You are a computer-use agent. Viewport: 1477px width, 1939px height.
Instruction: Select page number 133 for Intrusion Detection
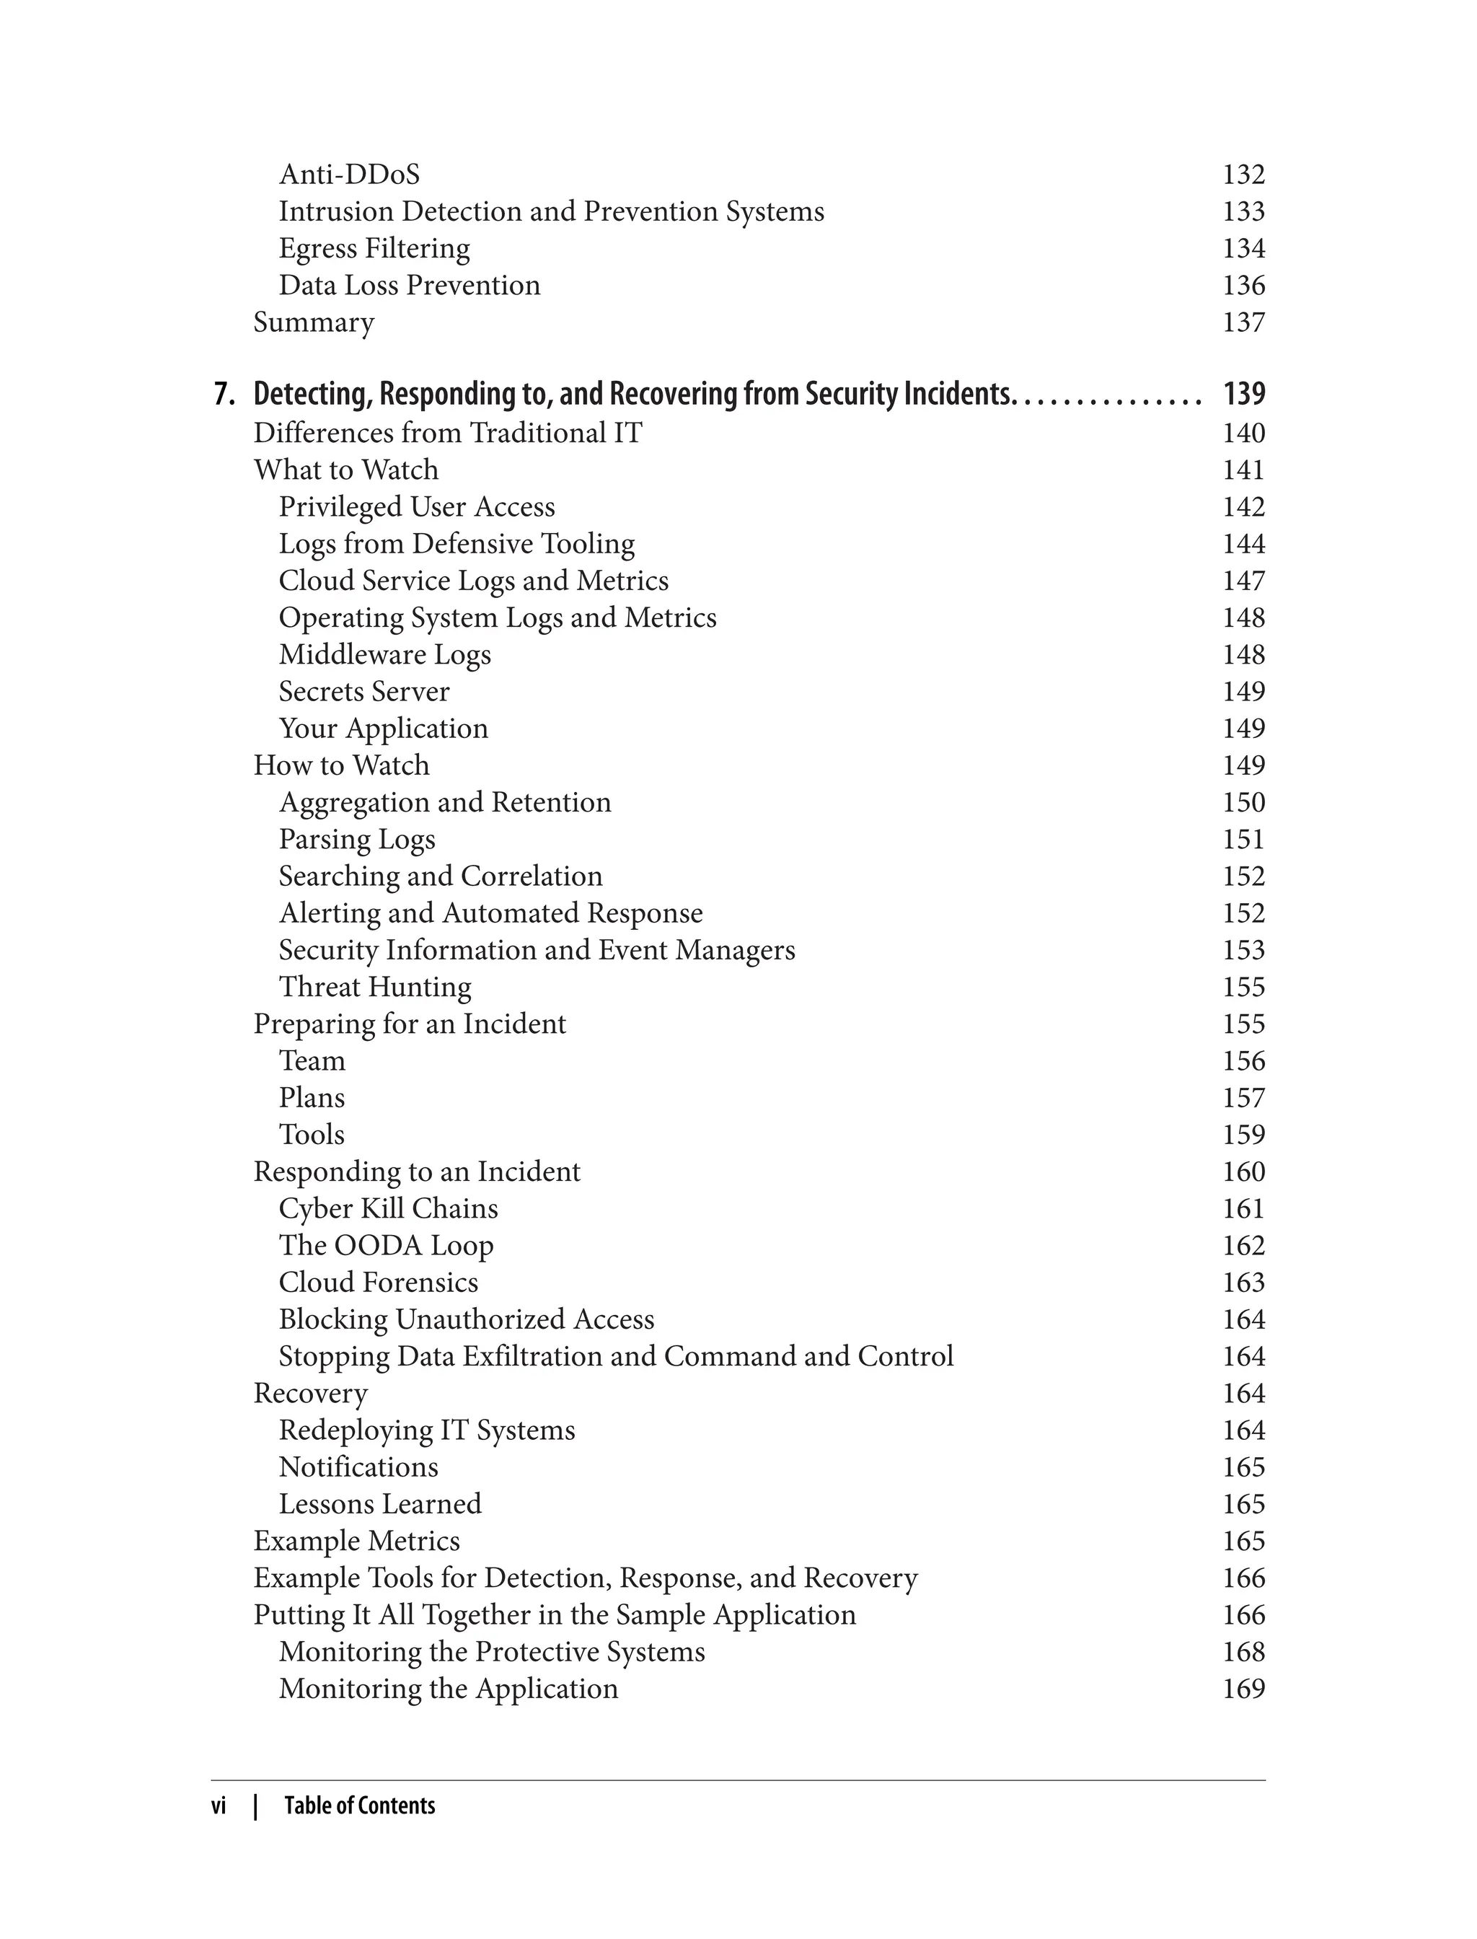click(x=1243, y=211)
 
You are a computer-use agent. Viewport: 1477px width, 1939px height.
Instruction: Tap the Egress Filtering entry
click(x=374, y=248)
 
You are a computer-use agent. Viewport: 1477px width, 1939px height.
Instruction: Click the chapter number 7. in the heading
click(x=225, y=393)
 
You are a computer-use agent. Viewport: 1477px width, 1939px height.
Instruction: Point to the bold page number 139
click(x=1243, y=393)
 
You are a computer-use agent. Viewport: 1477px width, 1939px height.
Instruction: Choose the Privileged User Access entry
click(x=417, y=506)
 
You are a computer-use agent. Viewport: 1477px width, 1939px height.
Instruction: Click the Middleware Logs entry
click(x=384, y=654)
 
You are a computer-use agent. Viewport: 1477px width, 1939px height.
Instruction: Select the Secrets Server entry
click(x=364, y=691)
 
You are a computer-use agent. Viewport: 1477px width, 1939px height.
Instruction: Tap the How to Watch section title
click(x=341, y=765)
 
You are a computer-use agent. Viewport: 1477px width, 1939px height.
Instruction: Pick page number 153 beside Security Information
click(x=1243, y=950)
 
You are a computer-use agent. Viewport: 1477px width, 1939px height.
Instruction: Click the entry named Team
click(x=312, y=1060)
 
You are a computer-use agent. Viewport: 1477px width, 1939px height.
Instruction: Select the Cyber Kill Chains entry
click(x=388, y=1208)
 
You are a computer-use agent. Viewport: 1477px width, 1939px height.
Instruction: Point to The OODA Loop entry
click(x=386, y=1245)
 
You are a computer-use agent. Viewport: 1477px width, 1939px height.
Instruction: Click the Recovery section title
click(x=310, y=1393)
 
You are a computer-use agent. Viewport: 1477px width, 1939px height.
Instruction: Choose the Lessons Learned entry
click(x=380, y=1504)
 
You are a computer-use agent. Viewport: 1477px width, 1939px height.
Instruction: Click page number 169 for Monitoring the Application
click(x=1243, y=1689)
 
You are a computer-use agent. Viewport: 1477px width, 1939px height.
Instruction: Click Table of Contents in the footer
click(x=360, y=1806)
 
